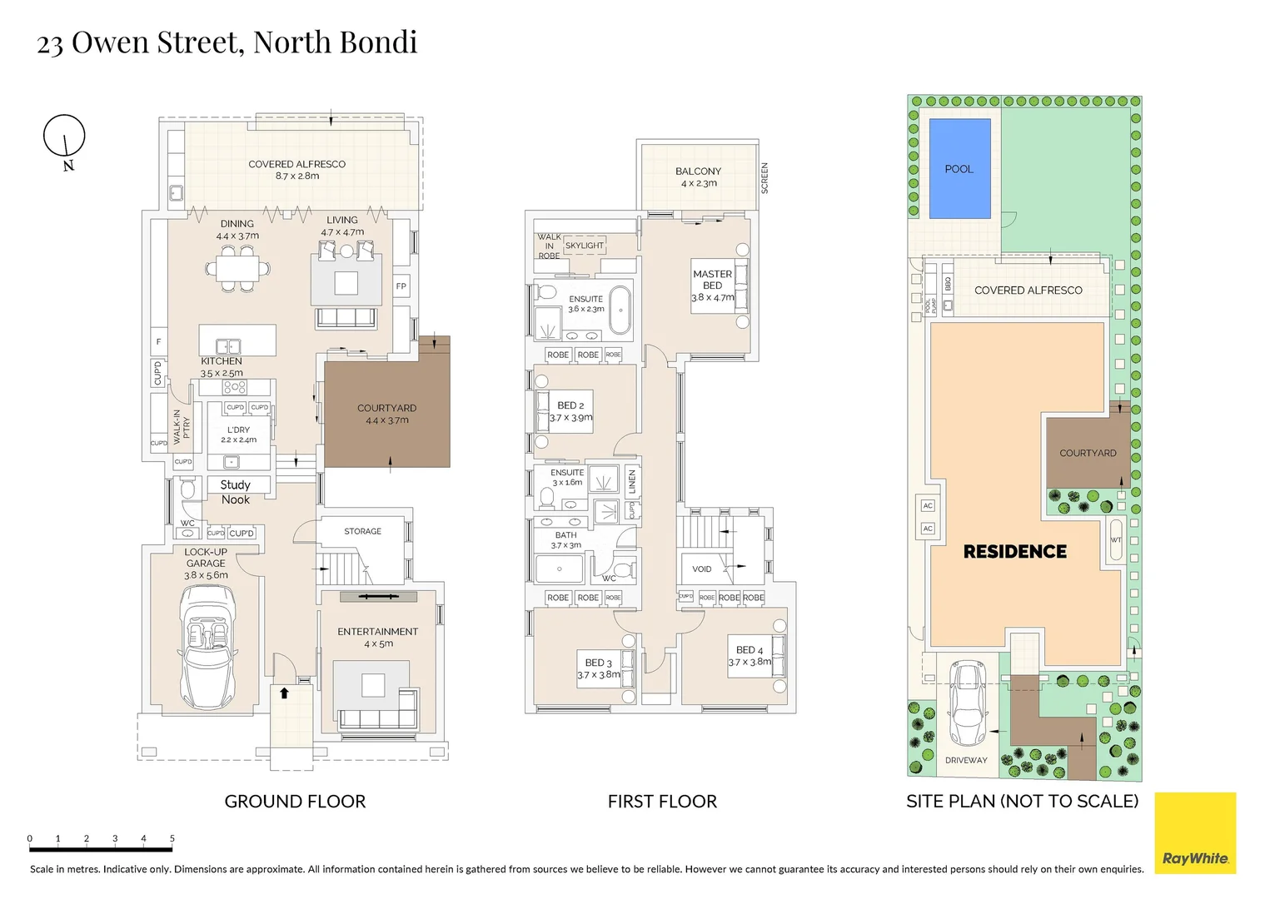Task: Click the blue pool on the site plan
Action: point(959,168)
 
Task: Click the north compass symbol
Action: point(65,137)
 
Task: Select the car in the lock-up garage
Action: point(206,645)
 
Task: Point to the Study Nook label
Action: point(236,492)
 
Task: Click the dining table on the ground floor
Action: point(237,268)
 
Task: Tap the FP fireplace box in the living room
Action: point(401,286)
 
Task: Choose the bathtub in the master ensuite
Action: point(620,310)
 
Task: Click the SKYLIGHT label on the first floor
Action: point(585,246)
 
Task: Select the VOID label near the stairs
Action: point(702,569)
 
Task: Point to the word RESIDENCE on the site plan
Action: point(1014,551)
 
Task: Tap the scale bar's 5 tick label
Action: point(172,839)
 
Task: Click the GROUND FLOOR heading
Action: point(295,802)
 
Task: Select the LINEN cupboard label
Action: point(632,482)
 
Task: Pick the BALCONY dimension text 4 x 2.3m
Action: point(698,183)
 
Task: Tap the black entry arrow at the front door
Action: point(284,692)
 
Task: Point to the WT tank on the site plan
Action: point(1116,540)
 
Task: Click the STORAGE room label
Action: point(362,531)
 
